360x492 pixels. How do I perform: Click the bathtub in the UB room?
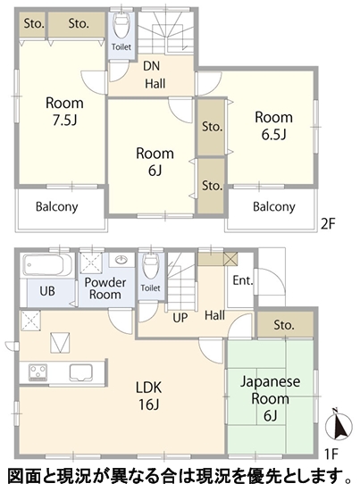(x=48, y=265)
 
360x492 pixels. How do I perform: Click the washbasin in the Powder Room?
(x=121, y=260)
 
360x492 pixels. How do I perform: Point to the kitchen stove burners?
(x=38, y=372)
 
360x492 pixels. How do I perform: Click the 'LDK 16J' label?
(x=149, y=396)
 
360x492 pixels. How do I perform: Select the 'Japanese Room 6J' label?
(x=271, y=398)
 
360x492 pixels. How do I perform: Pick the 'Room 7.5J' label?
(x=64, y=112)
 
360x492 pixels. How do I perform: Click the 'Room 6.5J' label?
(x=273, y=126)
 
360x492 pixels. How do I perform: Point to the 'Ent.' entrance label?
(x=243, y=280)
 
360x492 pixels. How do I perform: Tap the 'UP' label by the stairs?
(x=180, y=318)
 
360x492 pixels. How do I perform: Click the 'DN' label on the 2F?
(x=152, y=66)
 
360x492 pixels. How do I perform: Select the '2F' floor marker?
(x=328, y=224)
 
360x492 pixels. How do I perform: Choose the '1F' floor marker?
(x=331, y=454)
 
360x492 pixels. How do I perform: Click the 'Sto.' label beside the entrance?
(x=284, y=325)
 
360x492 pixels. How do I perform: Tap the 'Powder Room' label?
(x=105, y=288)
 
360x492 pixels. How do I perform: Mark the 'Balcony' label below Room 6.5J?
(x=274, y=207)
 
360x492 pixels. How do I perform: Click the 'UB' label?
(x=47, y=291)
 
